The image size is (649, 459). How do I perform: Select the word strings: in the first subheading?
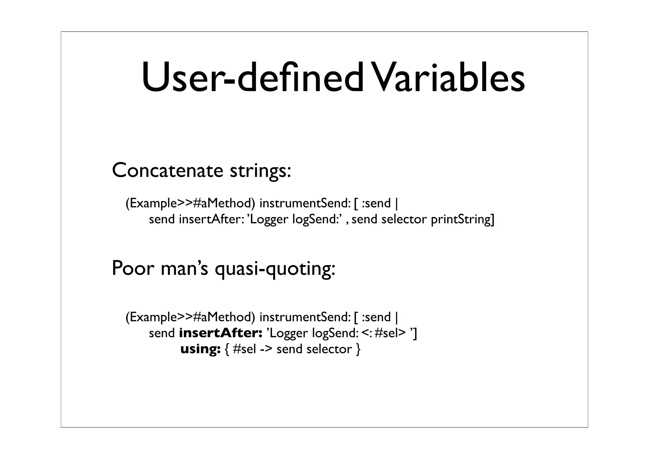(260, 171)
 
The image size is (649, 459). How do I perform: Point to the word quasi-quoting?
(275, 269)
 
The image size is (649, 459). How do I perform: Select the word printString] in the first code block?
(462, 220)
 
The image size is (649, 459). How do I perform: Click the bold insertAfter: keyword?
(221, 333)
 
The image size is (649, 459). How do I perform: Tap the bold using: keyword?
(200, 349)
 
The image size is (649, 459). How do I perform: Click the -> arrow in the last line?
(266, 349)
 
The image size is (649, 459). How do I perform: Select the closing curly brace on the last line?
(358, 349)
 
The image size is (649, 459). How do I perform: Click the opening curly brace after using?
(227, 349)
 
